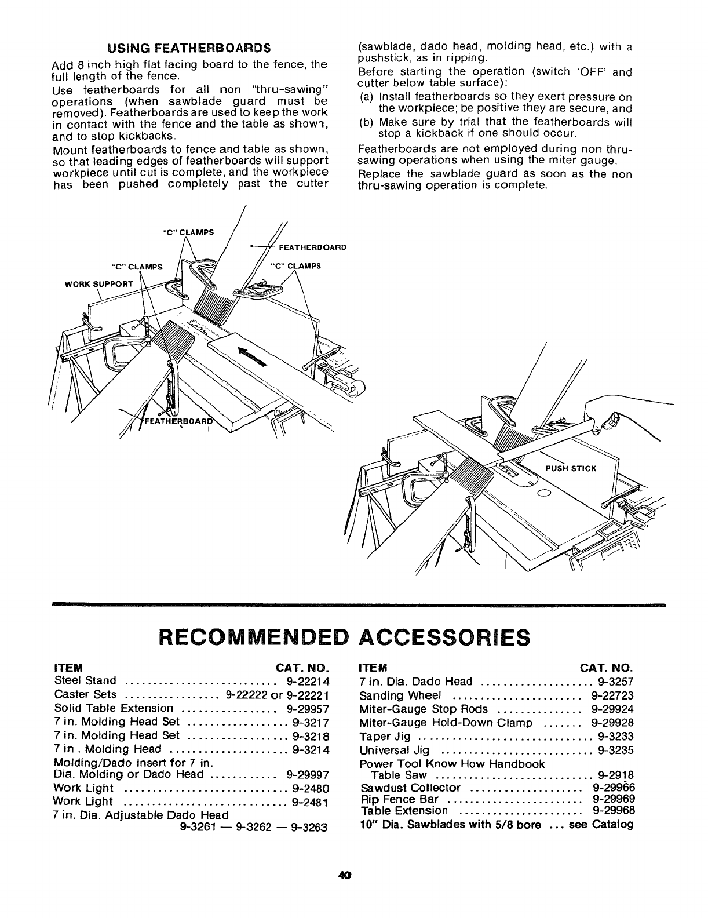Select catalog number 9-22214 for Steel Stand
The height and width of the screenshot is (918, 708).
coord(308,680)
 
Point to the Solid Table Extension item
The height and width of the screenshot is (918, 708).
coord(113,708)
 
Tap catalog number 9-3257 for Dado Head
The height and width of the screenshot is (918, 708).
coord(616,682)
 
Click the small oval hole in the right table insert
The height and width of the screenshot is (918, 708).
coord(543,493)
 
